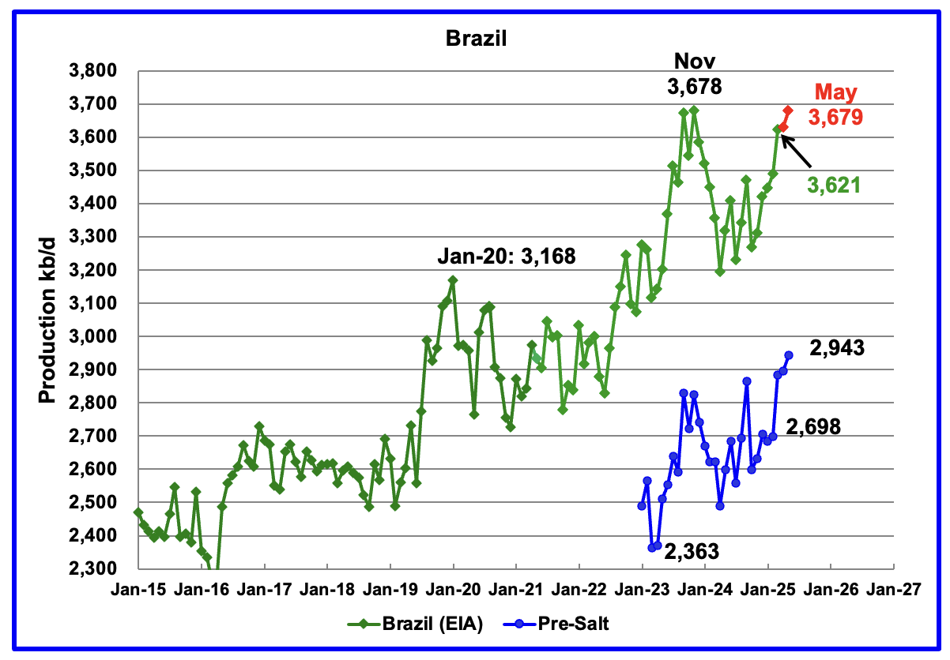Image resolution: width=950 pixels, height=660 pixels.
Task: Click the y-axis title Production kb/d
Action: (47, 319)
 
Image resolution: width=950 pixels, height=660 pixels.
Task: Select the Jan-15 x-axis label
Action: (138, 588)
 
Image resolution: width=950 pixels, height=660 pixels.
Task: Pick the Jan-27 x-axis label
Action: (893, 588)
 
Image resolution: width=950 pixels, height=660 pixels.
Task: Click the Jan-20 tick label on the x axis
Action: (453, 588)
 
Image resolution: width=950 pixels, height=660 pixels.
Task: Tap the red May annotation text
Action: (836, 93)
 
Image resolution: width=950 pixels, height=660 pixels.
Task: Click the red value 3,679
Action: (835, 118)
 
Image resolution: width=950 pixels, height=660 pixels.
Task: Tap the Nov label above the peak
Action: (693, 62)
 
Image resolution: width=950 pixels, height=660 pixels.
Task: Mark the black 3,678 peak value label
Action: (693, 86)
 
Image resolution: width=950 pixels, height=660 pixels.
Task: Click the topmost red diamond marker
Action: (788, 110)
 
